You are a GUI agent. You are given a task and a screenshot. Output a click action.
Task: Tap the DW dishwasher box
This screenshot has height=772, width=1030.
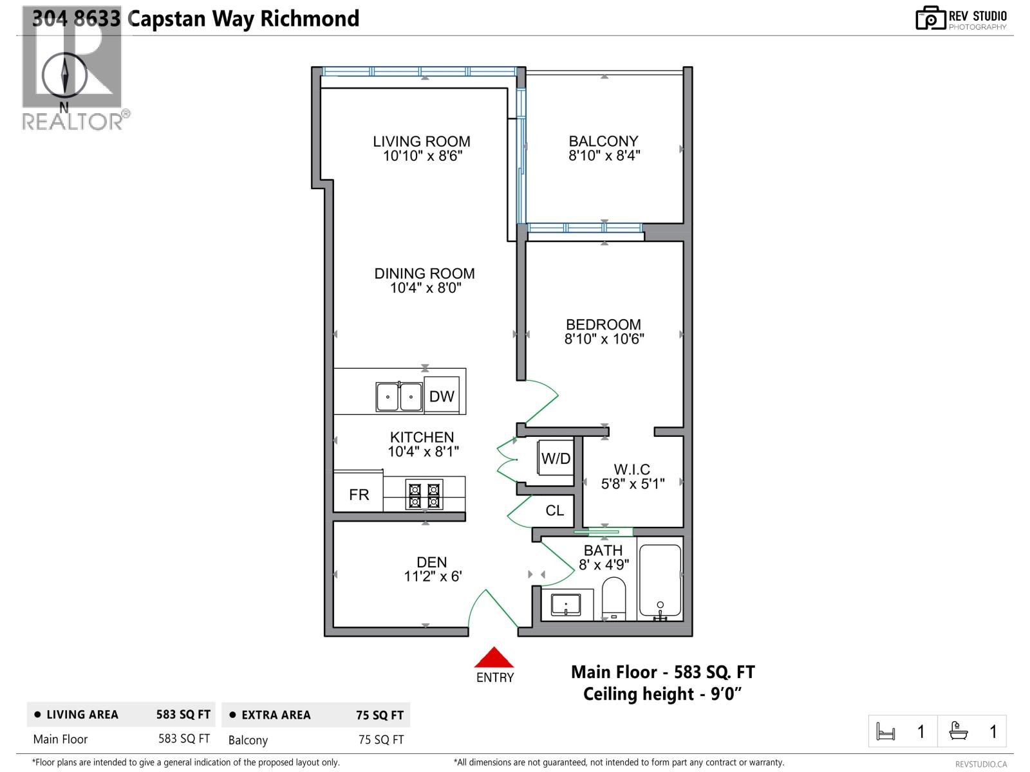[x=442, y=396]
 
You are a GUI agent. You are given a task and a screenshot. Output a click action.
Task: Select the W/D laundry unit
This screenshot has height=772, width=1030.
[x=556, y=458]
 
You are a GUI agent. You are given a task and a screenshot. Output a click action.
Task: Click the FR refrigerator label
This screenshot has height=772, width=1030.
[x=359, y=494]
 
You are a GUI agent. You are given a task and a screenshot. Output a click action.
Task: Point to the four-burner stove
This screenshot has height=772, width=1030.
[x=424, y=495]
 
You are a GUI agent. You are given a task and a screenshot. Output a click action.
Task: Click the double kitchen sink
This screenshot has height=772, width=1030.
[x=399, y=396]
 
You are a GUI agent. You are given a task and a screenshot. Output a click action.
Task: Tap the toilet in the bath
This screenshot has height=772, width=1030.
[x=613, y=598]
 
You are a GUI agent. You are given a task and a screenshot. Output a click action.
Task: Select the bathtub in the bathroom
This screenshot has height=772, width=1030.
[x=659, y=582]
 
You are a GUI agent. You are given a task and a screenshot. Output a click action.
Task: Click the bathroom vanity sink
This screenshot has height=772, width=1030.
[x=565, y=605]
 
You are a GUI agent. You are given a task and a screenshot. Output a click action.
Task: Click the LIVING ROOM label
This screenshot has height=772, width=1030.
[x=422, y=141]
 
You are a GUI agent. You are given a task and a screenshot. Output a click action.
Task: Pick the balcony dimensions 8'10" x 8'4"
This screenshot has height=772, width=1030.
[x=604, y=156]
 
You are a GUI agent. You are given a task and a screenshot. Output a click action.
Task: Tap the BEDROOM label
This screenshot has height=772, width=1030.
[x=603, y=324]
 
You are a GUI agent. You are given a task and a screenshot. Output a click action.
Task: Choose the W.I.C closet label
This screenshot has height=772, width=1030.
[x=632, y=469]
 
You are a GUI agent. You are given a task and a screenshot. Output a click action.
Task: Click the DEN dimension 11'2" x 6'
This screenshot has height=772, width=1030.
[x=432, y=576]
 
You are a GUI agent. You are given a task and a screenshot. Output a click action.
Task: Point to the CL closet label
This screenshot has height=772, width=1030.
[x=554, y=510]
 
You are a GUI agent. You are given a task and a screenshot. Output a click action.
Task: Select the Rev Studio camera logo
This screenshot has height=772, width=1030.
[x=930, y=18]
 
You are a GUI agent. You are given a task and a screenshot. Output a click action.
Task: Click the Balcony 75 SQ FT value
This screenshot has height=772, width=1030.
[x=380, y=740]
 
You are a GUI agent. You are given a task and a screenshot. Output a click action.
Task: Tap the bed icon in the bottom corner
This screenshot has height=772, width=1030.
[x=886, y=731]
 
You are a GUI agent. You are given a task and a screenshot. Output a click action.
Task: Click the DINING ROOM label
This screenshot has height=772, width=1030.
[x=424, y=273]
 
